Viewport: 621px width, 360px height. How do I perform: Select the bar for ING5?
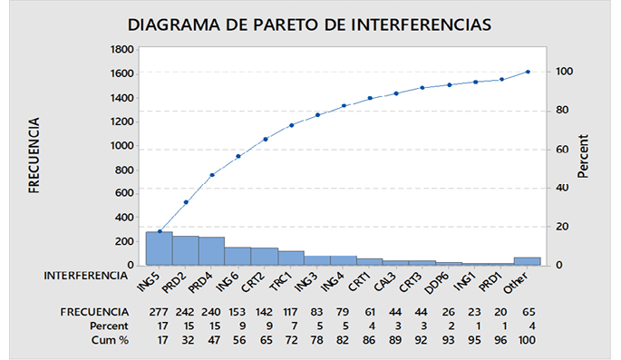(x=159, y=248)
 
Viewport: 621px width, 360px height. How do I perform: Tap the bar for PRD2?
(x=186, y=250)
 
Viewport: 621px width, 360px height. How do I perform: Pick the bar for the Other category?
(x=528, y=260)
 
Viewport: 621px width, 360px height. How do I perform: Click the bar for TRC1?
(x=291, y=258)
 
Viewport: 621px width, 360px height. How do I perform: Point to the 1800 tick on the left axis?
(x=119, y=49)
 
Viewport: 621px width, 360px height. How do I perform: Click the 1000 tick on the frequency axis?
(x=119, y=145)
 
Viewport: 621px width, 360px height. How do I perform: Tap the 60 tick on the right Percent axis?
(x=562, y=149)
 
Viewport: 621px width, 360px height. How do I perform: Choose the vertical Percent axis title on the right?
(x=583, y=156)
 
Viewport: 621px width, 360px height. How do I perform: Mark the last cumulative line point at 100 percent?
(x=528, y=72)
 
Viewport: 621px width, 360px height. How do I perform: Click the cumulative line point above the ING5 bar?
(x=160, y=231)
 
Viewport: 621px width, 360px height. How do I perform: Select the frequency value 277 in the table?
(x=159, y=311)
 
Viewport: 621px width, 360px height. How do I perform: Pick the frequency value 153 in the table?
(x=238, y=311)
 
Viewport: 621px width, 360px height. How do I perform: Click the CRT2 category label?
(x=253, y=283)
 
